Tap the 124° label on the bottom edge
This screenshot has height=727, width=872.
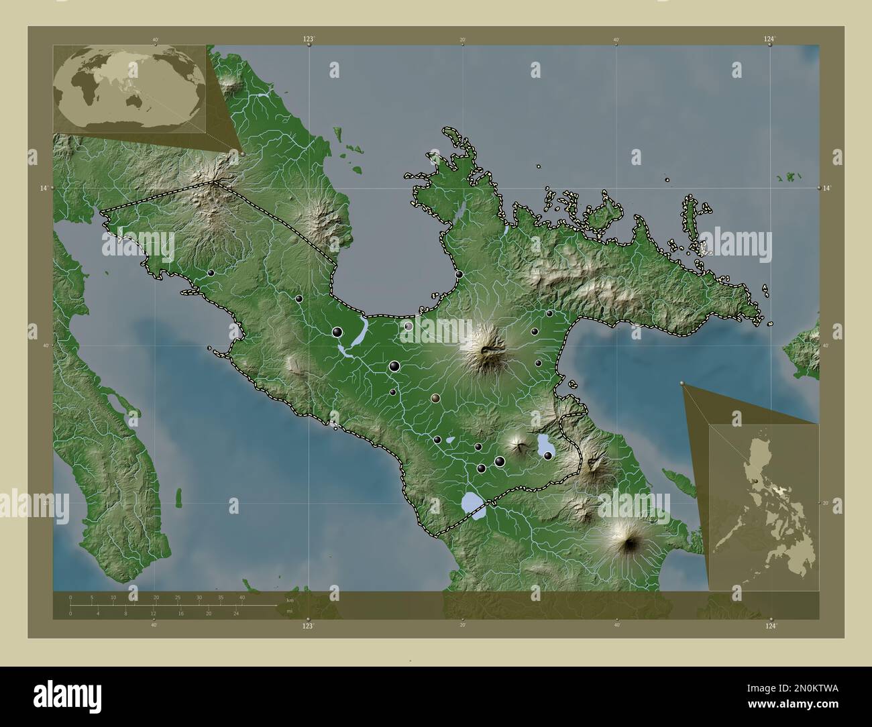[x=770, y=625]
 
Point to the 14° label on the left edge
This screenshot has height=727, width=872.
[x=44, y=188]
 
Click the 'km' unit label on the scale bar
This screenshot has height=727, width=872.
[x=289, y=600]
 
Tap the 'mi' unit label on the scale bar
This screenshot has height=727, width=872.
[x=289, y=610]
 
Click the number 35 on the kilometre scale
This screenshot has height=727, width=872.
[x=221, y=597]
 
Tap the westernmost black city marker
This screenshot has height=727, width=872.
[x=211, y=273]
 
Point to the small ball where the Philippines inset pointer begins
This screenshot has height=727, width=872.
[x=683, y=384]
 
